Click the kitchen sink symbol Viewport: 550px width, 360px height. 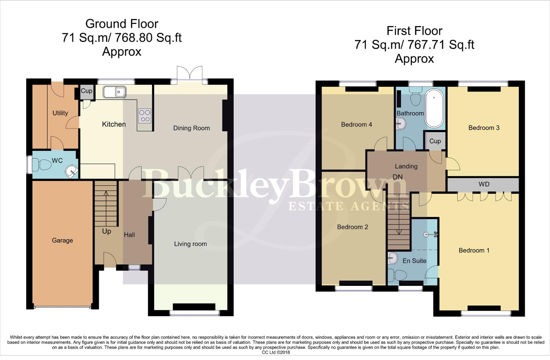click(x=114, y=92)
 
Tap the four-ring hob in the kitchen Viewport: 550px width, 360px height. click(x=145, y=116)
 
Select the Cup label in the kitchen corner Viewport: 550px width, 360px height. click(x=87, y=91)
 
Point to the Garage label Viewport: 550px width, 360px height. click(x=62, y=240)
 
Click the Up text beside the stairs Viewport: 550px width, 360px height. click(x=106, y=231)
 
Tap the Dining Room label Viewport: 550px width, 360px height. click(x=191, y=128)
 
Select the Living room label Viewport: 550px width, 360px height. click(x=190, y=244)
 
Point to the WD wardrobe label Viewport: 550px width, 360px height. click(x=484, y=184)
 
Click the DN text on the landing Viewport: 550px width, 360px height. click(x=398, y=177)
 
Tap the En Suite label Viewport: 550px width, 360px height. click(x=414, y=261)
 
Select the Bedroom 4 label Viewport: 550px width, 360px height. click(x=356, y=125)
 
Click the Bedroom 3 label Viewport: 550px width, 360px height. click(x=484, y=128)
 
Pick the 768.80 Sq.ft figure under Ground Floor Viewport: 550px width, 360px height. click(x=148, y=38)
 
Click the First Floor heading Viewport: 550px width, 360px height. click(x=414, y=31)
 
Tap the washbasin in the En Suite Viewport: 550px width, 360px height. click(x=393, y=258)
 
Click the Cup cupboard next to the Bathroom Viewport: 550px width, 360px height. click(x=435, y=141)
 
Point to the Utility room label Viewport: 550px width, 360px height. click(x=60, y=113)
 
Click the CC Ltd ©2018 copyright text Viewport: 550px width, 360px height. click(x=276, y=352)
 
